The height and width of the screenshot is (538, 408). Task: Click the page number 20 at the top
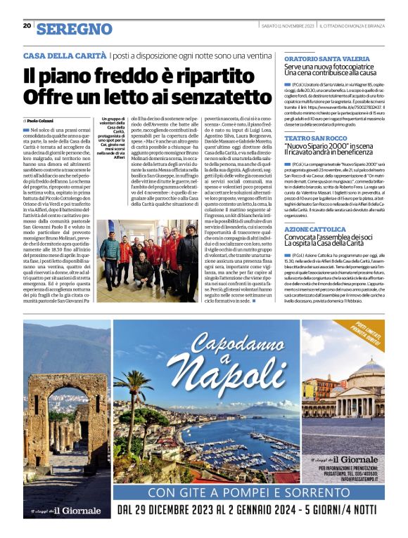(x=27, y=26)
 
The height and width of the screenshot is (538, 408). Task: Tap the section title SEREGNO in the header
(x=74, y=29)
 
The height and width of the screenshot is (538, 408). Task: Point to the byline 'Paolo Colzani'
(x=44, y=121)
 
